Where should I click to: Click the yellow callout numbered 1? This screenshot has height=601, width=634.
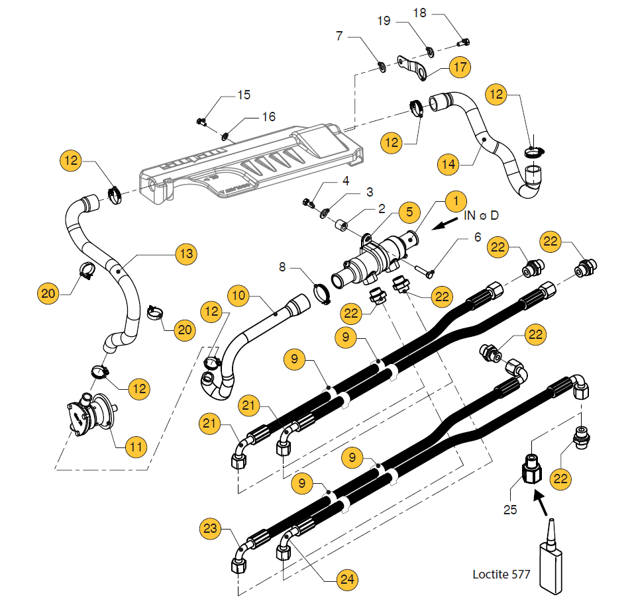pos(455,200)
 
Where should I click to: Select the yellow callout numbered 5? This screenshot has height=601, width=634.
pos(409,212)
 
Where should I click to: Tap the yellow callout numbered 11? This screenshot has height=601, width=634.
pos(136,447)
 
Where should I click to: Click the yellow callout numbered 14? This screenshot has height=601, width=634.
pos(449,162)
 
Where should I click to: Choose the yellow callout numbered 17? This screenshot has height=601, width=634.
pos(460,67)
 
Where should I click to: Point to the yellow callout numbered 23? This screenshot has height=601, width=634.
pos(210,528)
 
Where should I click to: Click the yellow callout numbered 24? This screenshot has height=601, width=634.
pos(346,580)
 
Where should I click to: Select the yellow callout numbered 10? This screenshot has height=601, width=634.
pos(239,294)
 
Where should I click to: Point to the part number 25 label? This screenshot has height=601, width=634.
pos(511,510)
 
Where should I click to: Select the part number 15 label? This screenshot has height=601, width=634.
pos(244,95)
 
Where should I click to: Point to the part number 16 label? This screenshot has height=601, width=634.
pos(268,116)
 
